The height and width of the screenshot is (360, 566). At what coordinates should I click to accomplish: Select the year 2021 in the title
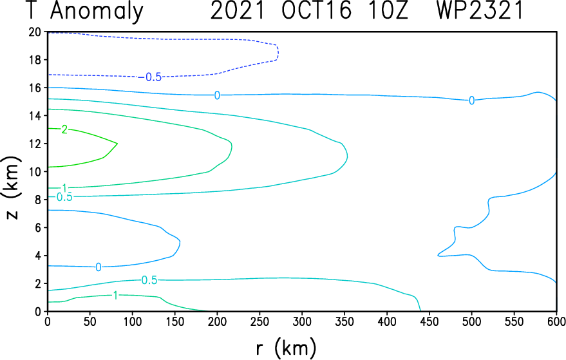click(238, 10)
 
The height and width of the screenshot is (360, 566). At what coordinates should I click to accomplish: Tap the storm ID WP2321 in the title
click(480, 10)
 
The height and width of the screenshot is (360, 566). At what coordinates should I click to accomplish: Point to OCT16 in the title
click(317, 10)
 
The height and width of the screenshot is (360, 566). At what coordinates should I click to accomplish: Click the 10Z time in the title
click(388, 10)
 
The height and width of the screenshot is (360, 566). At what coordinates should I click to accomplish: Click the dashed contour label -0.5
click(150, 77)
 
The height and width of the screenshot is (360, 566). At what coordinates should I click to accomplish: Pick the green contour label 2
click(64, 129)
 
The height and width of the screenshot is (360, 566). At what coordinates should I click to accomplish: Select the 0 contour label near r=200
click(217, 95)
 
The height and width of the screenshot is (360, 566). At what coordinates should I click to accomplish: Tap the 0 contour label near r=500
click(471, 100)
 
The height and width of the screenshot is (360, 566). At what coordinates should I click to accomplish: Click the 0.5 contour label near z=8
click(64, 197)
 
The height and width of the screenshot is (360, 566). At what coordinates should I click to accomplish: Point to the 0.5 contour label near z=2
click(149, 280)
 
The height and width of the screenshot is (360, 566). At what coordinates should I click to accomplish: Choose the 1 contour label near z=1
click(115, 296)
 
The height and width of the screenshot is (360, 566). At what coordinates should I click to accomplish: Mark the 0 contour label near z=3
click(98, 267)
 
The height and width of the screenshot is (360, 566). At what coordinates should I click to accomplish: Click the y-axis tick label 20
click(35, 32)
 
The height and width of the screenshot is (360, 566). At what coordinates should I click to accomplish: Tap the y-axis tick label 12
click(35, 144)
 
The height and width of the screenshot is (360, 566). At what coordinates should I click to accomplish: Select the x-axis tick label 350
click(344, 321)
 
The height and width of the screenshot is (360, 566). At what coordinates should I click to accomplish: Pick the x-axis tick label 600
click(556, 321)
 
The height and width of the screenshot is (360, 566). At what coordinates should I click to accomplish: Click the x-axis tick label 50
click(90, 321)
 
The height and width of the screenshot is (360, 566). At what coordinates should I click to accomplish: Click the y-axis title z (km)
click(12, 188)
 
